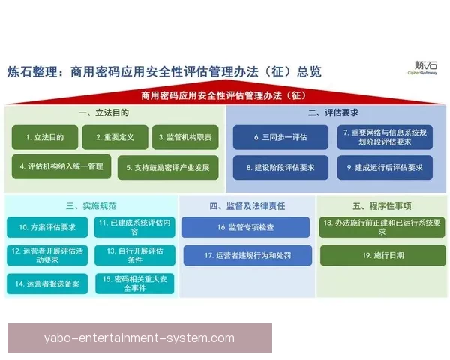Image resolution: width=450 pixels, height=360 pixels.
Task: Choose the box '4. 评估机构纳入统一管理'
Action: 61,166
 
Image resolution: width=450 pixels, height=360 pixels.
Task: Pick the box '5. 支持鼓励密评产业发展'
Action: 168,166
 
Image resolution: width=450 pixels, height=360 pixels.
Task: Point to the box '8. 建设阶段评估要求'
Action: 280,167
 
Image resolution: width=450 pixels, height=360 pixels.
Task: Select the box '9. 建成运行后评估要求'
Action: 384,167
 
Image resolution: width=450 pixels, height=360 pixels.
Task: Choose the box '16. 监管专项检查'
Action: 244,226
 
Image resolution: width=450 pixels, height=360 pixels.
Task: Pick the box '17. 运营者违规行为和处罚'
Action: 244,255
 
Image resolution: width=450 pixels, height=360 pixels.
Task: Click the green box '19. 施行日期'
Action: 382,255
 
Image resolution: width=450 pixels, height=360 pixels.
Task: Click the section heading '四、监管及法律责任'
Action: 247,204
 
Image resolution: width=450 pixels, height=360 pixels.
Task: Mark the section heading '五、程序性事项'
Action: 382,204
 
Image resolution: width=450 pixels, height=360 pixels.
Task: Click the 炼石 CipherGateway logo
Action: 422,68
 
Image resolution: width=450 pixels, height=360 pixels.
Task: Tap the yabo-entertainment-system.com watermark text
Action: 139,337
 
